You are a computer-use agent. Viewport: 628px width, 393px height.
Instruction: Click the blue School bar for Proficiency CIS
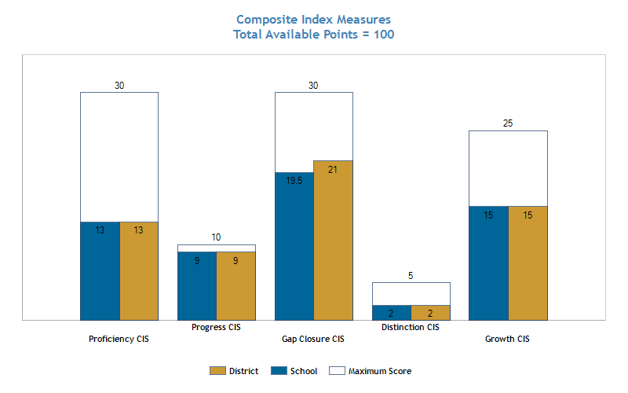coord(100,271)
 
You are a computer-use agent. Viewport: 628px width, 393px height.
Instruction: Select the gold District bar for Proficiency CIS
coord(139,271)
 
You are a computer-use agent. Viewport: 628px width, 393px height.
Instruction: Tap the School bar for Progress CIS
coord(197,286)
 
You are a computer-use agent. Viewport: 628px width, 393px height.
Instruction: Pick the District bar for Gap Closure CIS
coord(333,241)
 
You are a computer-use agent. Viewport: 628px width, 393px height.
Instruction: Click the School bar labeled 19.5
coord(294,246)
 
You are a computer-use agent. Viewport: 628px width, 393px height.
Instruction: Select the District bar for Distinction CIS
coord(430,313)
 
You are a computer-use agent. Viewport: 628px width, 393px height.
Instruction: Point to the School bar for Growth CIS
coord(488,263)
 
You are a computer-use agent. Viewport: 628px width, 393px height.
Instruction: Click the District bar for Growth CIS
coord(528,263)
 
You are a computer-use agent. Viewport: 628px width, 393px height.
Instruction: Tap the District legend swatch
coord(217,371)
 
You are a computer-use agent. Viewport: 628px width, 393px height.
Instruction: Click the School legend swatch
coord(279,371)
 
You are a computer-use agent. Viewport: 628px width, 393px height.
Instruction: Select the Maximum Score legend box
coord(337,371)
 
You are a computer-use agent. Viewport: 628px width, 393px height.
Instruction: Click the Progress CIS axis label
coord(217,327)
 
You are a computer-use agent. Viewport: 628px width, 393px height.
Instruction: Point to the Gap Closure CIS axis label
coord(313,340)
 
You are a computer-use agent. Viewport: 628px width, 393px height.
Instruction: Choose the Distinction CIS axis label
coord(411,327)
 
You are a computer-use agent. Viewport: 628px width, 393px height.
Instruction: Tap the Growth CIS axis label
coord(507,340)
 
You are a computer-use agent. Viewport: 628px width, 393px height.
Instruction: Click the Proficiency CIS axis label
coord(119,340)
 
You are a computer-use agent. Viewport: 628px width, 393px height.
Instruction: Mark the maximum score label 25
coord(508,123)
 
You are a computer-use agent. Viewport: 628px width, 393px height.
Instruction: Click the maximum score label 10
coord(217,237)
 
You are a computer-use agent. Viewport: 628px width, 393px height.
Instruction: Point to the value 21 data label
coord(333,170)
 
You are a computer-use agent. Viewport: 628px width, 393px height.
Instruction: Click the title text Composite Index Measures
coord(313,19)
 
